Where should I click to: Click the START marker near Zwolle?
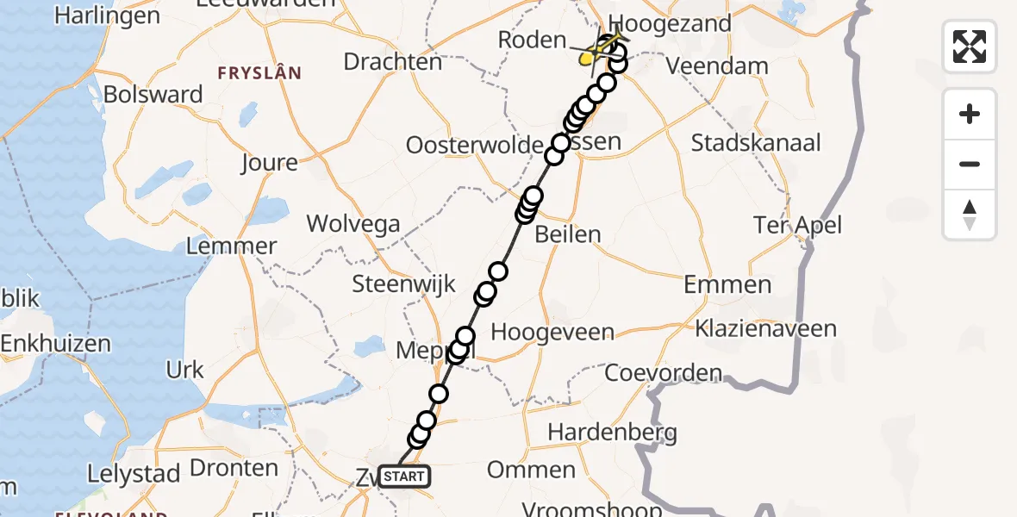click(x=402, y=476)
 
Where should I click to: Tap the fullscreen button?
click(x=970, y=47)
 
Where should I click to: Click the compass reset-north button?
click(x=970, y=215)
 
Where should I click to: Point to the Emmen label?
click(x=728, y=284)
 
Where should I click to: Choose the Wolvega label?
click(x=353, y=225)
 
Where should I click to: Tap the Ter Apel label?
click(x=797, y=226)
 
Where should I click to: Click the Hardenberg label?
click(x=612, y=432)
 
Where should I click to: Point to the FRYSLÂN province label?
click(x=259, y=73)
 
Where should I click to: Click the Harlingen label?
click(x=107, y=16)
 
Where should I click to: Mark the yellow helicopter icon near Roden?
click(x=589, y=58)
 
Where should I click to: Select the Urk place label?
click(x=184, y=370)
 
